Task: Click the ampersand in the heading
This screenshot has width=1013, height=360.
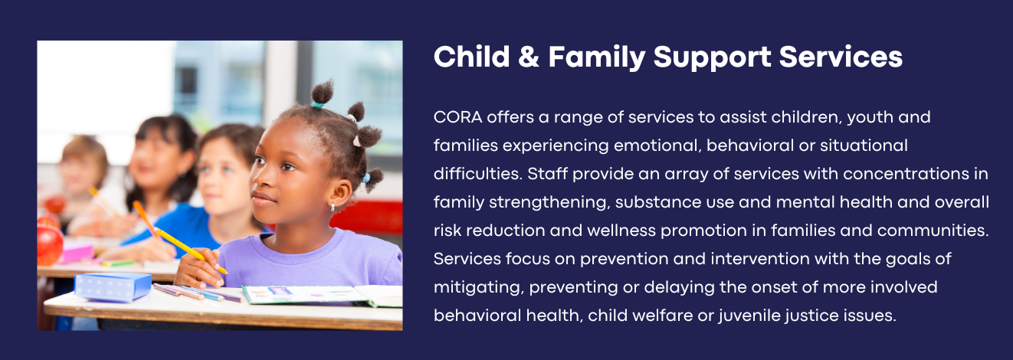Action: (x=529, y=57)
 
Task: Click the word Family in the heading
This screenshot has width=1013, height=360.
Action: (x=597, y=58)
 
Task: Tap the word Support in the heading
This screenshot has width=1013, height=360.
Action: (x=712, y=58)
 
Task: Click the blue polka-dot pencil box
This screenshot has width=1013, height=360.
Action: (x=113, y=286)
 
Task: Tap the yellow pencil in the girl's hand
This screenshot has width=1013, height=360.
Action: (x=190, y=251)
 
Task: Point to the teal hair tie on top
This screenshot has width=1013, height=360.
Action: (x=317, y=105)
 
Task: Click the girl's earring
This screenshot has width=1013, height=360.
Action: (x=333, y=207)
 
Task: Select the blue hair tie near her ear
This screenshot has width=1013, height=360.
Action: (x=366, y=178)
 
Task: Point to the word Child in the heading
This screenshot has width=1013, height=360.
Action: (x=472, y=57)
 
